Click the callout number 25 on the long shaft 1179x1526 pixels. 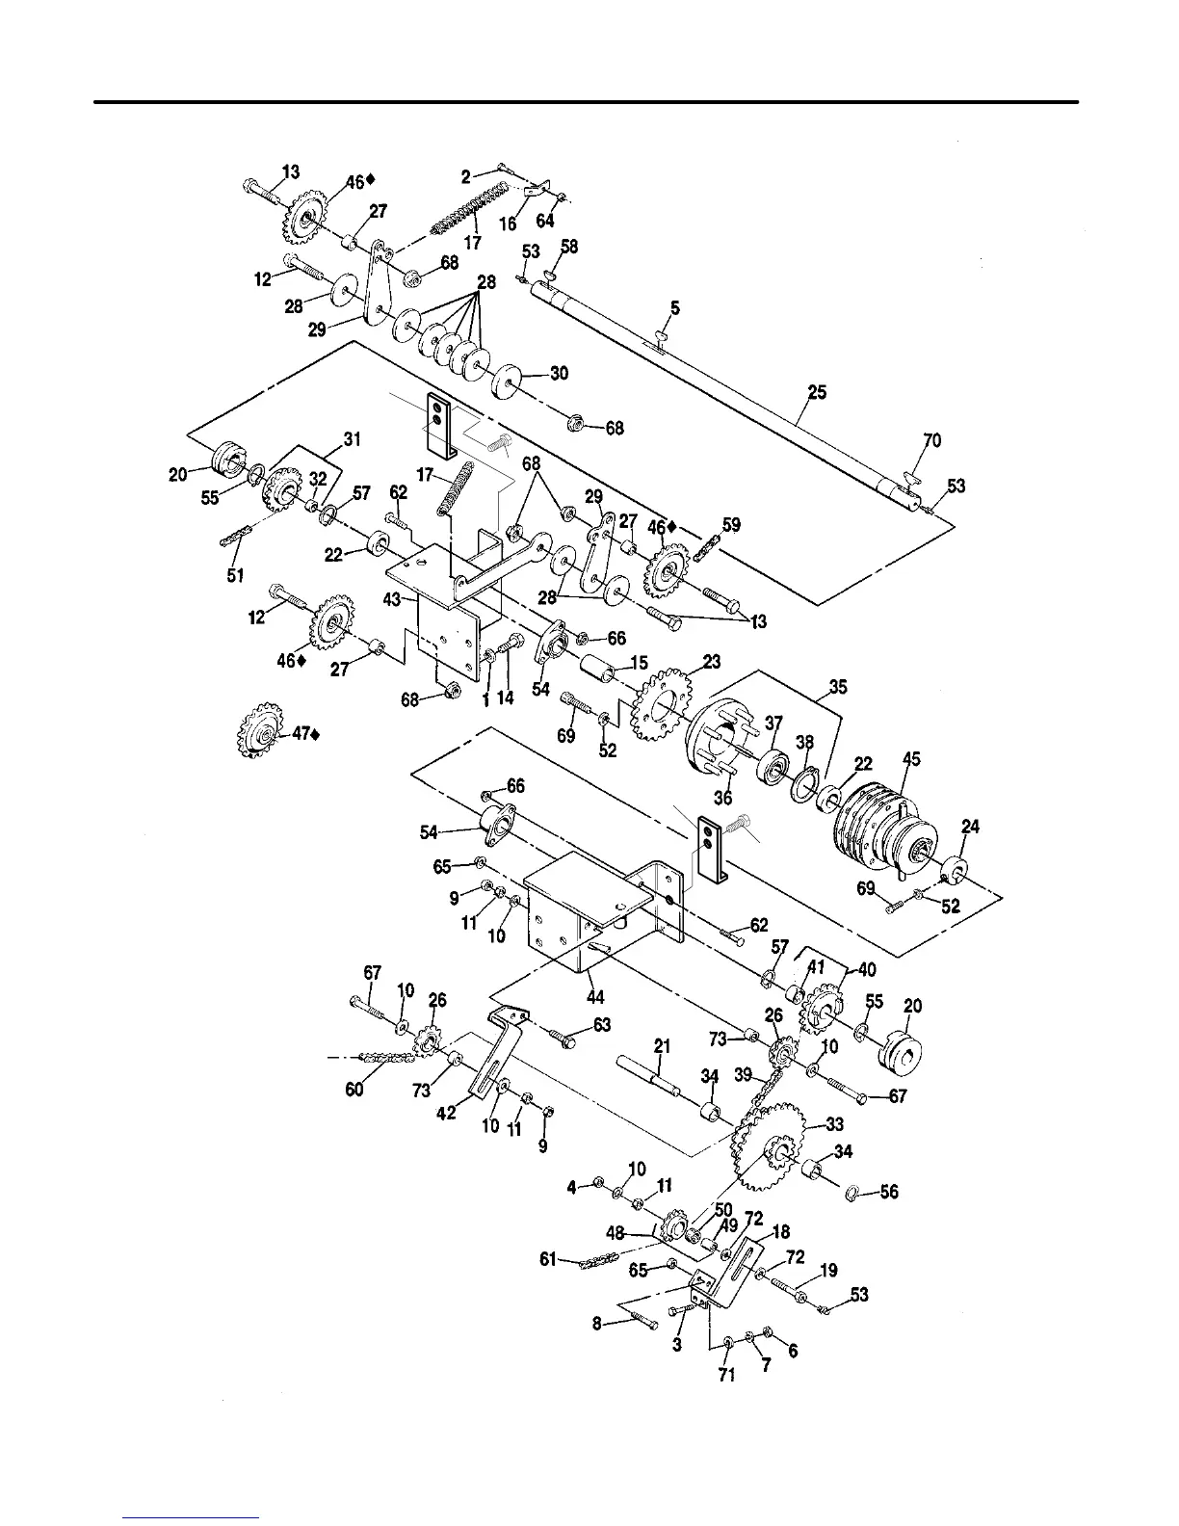[x=817, y=393]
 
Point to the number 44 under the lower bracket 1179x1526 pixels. [x=595, y=998]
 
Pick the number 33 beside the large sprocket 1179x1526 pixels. [x=834, y=1123]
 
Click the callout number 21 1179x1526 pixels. [x=661, y=1044]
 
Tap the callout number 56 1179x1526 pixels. [x=888, y=1192]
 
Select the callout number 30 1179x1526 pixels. [x=559, y=374]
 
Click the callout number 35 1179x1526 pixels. [x=837, y=688]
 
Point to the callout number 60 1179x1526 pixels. [x=354, y=1090]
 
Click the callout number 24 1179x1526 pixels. [x=971, y=827]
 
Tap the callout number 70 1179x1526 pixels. [x=931, y=441]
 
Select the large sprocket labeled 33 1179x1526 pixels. [x=772, y=1146]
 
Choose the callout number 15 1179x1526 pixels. [x=639, y=664]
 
